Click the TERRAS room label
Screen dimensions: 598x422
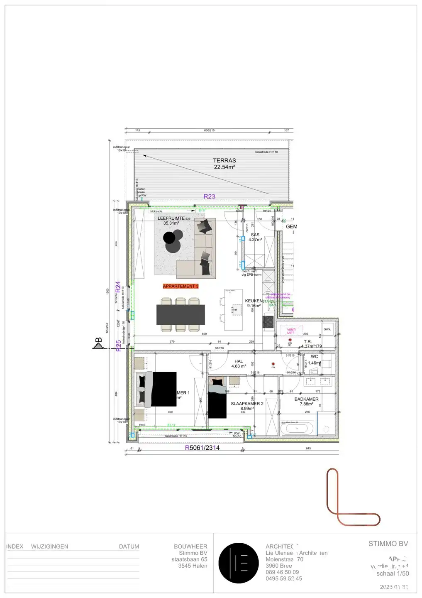[x=224, y=160]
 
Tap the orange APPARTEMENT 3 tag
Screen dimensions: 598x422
[x=181, y=286]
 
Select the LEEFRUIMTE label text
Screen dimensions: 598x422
[x=171, y=218]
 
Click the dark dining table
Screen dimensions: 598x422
[x=181, y=315]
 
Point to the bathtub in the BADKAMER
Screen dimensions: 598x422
[x=297, y=428]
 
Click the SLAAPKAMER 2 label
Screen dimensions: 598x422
[x=247, y=404]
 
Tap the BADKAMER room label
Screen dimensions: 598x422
[x=306, y=399]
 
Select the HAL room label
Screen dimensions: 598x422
[x=239, y=362]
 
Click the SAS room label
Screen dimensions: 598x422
[x=255, y=235]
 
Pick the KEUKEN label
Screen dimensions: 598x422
[x=254, y=301]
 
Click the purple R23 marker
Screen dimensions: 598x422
[x=209, y=197]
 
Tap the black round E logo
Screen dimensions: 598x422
[x=239, y=563]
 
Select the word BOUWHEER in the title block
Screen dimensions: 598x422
[x=190, y=547]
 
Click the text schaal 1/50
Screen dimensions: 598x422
[x=393, y=573]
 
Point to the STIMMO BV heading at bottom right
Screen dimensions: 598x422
[x=388, y=544]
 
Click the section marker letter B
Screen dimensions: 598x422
[x=99, y=341]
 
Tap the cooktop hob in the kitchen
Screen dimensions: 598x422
[x=268, y=322]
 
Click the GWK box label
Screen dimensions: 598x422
[x=327, y=329]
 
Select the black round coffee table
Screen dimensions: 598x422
[x=169, y=238]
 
